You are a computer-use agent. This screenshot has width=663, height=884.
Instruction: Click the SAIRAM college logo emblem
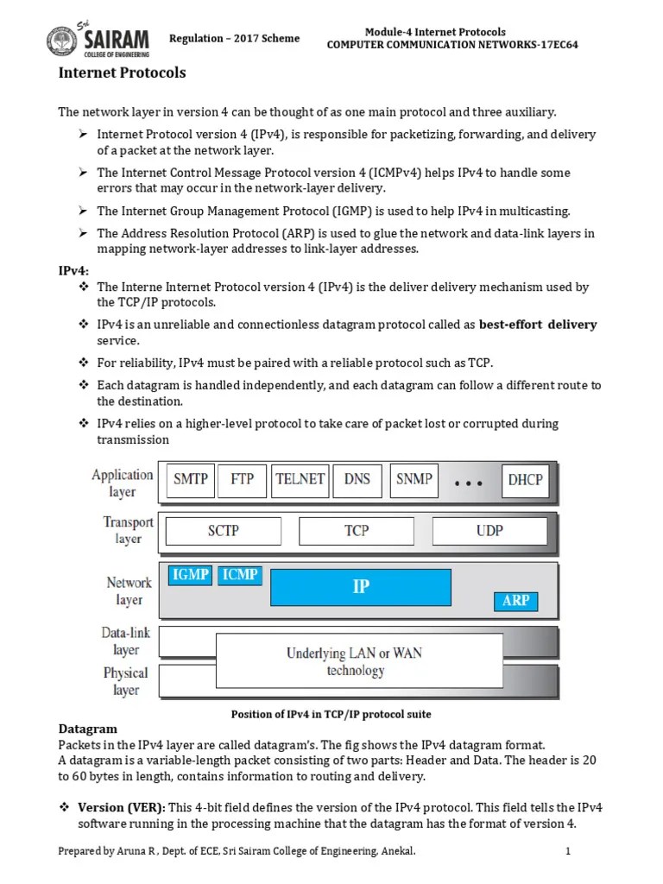coord(61,41)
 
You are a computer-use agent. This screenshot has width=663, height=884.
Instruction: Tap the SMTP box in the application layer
coord(191,479)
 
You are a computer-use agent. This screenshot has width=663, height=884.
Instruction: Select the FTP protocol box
coord(243,479)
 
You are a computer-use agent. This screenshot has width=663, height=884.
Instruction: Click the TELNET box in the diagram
coord(300,479)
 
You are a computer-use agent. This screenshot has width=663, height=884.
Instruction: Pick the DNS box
coord(357,479)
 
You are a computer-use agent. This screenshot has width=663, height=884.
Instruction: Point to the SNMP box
coord(414,479)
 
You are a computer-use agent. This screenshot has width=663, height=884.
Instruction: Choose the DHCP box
coord(526,480)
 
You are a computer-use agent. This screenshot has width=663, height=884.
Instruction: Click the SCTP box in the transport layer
coord(224,531)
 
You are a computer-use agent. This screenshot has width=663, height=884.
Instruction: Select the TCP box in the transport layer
coord(357,531)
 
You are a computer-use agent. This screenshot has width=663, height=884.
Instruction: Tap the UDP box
coord(489,531)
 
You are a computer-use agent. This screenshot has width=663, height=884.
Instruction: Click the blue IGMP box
coord(190,574)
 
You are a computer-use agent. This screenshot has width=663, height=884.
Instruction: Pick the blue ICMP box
coord(240,574)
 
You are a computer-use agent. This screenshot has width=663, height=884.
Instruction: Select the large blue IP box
coord(361,587)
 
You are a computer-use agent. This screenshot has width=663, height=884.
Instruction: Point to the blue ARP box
coord(515,601)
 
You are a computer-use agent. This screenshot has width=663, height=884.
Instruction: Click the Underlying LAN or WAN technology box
coord(355,661)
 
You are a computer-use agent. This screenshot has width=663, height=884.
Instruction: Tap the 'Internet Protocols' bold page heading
coord(122,73)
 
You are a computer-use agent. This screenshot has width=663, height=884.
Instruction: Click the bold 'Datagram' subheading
coord(87,729)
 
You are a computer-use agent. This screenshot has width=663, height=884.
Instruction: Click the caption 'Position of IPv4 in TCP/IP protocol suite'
coord(331,714)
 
